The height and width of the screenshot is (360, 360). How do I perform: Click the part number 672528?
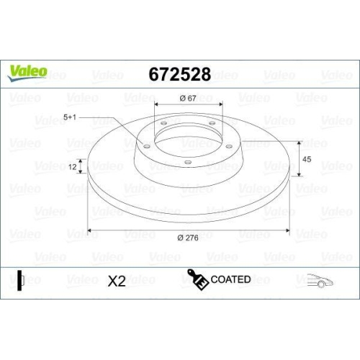click(x=179, y=75)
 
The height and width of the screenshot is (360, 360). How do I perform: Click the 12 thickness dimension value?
click(x=72, y=167)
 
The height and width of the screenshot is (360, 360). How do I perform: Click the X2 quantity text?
click(x=116, y=282)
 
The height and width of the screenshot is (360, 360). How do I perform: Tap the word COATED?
click(x=230, y=279)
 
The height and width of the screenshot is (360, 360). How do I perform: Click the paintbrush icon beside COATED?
click(x=197, y=279)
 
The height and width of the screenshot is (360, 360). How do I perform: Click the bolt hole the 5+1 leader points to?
click(x=147, y=147)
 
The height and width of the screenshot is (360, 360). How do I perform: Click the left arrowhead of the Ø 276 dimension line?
click(x=90, y=230)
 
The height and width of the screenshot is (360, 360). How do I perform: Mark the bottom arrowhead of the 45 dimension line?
click(x=297, y=176)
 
